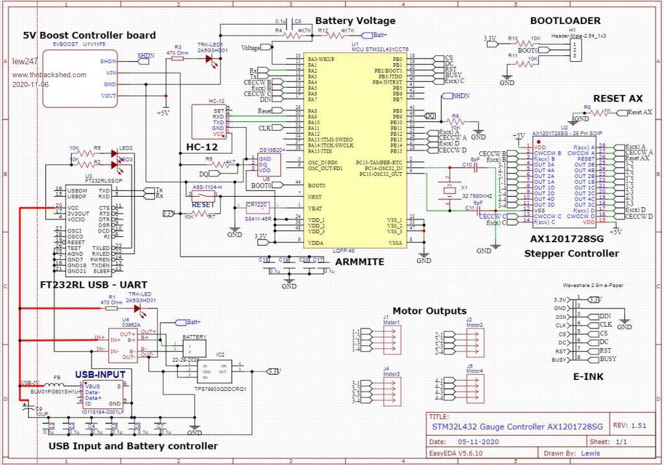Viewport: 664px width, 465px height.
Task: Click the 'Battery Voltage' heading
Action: point(355,21)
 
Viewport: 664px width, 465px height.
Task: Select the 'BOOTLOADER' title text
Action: point(565,21)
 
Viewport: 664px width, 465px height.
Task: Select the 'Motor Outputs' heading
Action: point(429,310)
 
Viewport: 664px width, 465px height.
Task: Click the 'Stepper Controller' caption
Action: point(571,253)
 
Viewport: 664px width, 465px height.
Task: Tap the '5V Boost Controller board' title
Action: point(89,35)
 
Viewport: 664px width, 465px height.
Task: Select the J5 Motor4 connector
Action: point(473,392)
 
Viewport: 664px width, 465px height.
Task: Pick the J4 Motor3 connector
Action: point(388,392)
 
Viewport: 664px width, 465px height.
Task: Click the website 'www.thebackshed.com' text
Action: point(49,75)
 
